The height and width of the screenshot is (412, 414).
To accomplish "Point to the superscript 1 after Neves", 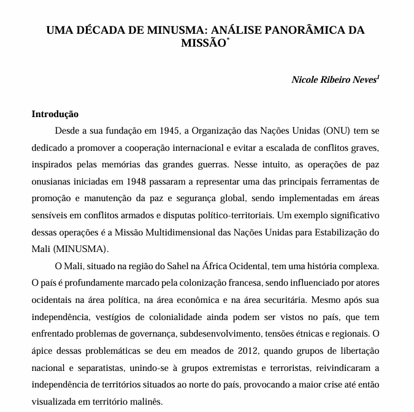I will pyautogui.click(x=378, y=77).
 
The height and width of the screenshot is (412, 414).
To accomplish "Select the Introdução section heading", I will pyautogui.click(x=55, y=114).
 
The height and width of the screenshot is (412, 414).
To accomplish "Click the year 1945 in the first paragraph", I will pyautogui.click(x=169, y=131).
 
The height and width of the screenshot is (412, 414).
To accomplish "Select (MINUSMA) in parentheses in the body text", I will pyautogui.click(x=82, y=250).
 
